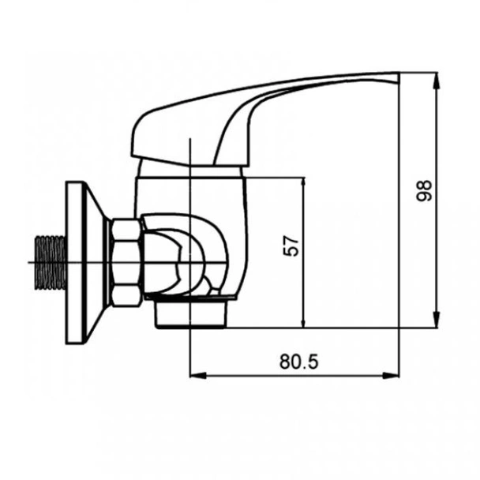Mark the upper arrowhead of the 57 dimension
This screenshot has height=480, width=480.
click(303, 182)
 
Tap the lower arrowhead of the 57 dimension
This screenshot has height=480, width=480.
click(303, 321)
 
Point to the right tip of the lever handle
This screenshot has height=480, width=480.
click(397, 77)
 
